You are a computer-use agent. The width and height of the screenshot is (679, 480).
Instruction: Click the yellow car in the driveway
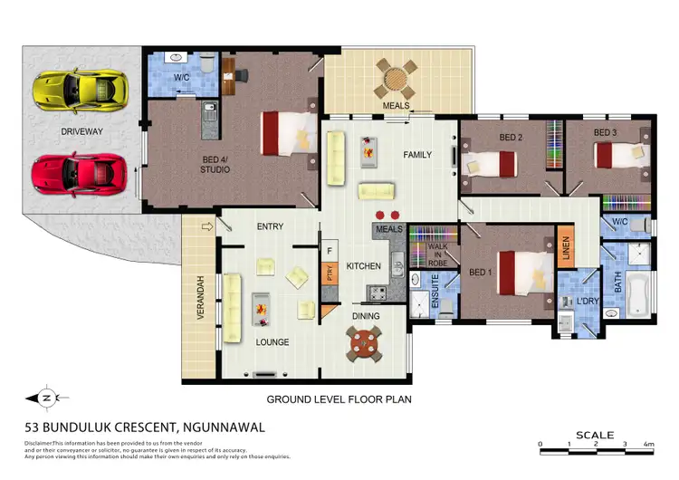80,89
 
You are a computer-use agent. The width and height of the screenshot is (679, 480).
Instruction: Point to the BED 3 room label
605,133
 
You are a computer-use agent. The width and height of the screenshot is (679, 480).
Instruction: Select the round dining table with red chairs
364,343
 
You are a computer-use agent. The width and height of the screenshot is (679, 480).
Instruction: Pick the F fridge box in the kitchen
330,251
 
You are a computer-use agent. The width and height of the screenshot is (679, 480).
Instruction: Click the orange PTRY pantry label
330,273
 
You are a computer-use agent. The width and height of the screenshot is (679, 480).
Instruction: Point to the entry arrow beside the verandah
206,226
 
